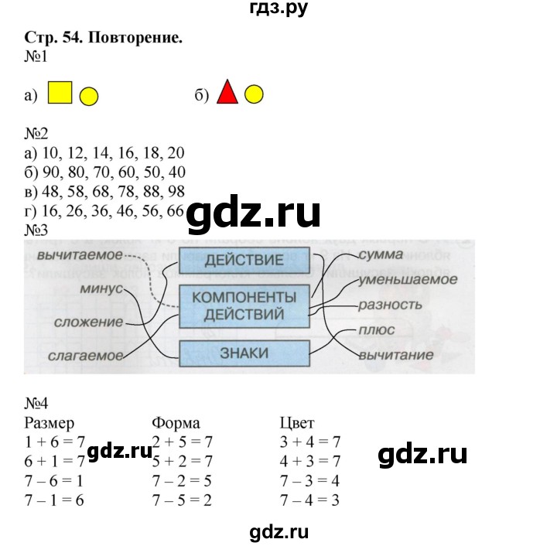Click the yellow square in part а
[60, 93]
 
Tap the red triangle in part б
[227, 94]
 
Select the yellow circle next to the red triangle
[255, 95]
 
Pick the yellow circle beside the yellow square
[89, 96]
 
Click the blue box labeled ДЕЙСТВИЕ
[244, 260]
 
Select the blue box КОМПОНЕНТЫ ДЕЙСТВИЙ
[244, 305]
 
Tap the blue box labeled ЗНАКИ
[244, 353]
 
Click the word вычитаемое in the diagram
[80, 254]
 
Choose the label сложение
[90, 321]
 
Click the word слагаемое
[85, 356]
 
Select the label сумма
[381, 254]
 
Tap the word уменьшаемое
[408, 279]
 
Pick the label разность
[390, 305]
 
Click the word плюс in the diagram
[376, 330]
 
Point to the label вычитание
[395, 356]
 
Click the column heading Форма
[176, 423]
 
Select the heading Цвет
[297, 423]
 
